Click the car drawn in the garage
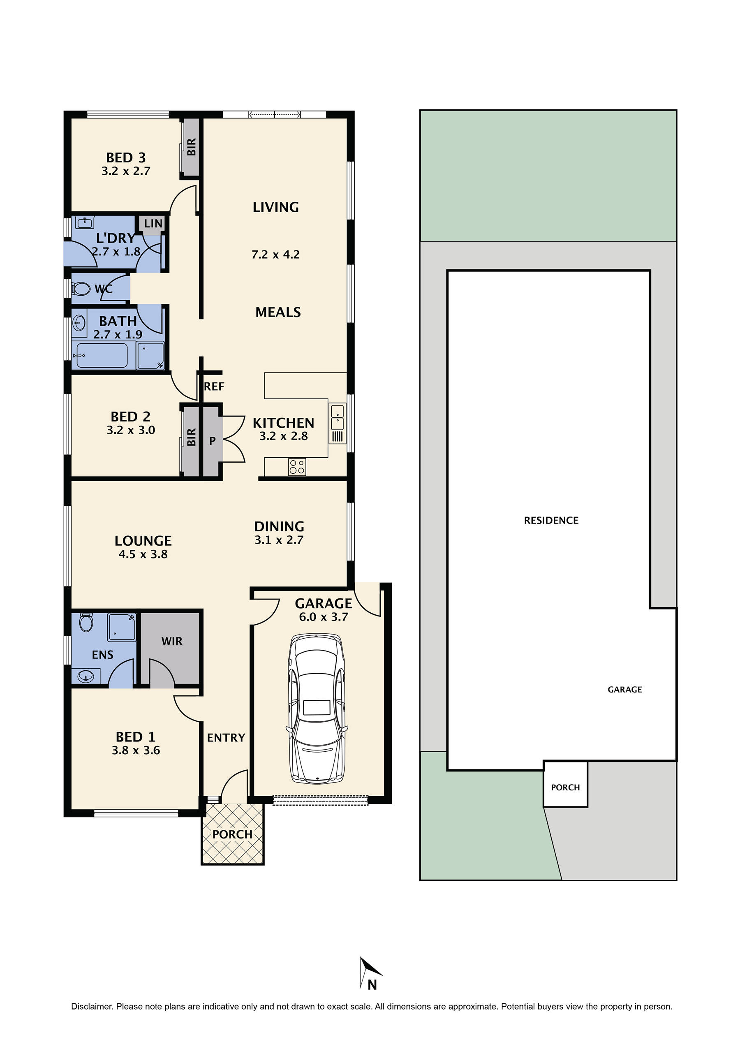(x=317, y=709)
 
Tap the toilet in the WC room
(x=81, y=289)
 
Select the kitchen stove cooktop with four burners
(x=297, y=467)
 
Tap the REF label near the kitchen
(x=214, y=387)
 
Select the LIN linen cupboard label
(x=153, y=223)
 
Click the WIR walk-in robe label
(x=172, y=641)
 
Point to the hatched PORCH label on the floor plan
(x=232, y=834)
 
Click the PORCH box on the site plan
(x=565, y=788)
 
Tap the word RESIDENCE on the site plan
(x=551, y=520)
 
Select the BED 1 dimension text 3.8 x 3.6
(x=136, y=750)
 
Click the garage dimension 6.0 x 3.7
(x=323, y=617)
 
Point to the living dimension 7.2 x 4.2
(x=275, y=255)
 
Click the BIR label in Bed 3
(x=192, y=147)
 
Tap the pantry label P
(x=212, y=441)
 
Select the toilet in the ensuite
(x=86, y=621)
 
